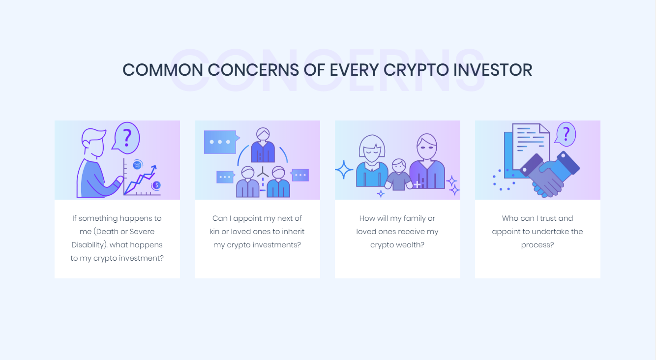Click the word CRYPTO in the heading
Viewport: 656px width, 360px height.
point(416,70)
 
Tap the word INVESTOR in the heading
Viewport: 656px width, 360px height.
point(493,70)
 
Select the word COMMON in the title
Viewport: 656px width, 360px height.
point(163,70)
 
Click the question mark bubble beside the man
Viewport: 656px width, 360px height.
point(126,138)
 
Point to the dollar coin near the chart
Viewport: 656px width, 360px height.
point(157,185)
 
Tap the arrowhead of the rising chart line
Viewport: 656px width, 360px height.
point(154,168)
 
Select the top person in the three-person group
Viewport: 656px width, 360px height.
point(263,145)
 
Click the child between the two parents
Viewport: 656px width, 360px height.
point(399,175)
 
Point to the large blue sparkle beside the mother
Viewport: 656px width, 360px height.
point(344,170)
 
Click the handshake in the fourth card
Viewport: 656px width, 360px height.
point(548,175)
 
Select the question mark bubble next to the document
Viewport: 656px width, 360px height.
point(566,134)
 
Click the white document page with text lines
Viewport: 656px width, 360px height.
point(531,146)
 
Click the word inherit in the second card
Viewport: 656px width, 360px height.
point(293,232)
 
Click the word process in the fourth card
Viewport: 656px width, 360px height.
point(537,245)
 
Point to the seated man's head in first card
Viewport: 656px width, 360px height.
point(93,143)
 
